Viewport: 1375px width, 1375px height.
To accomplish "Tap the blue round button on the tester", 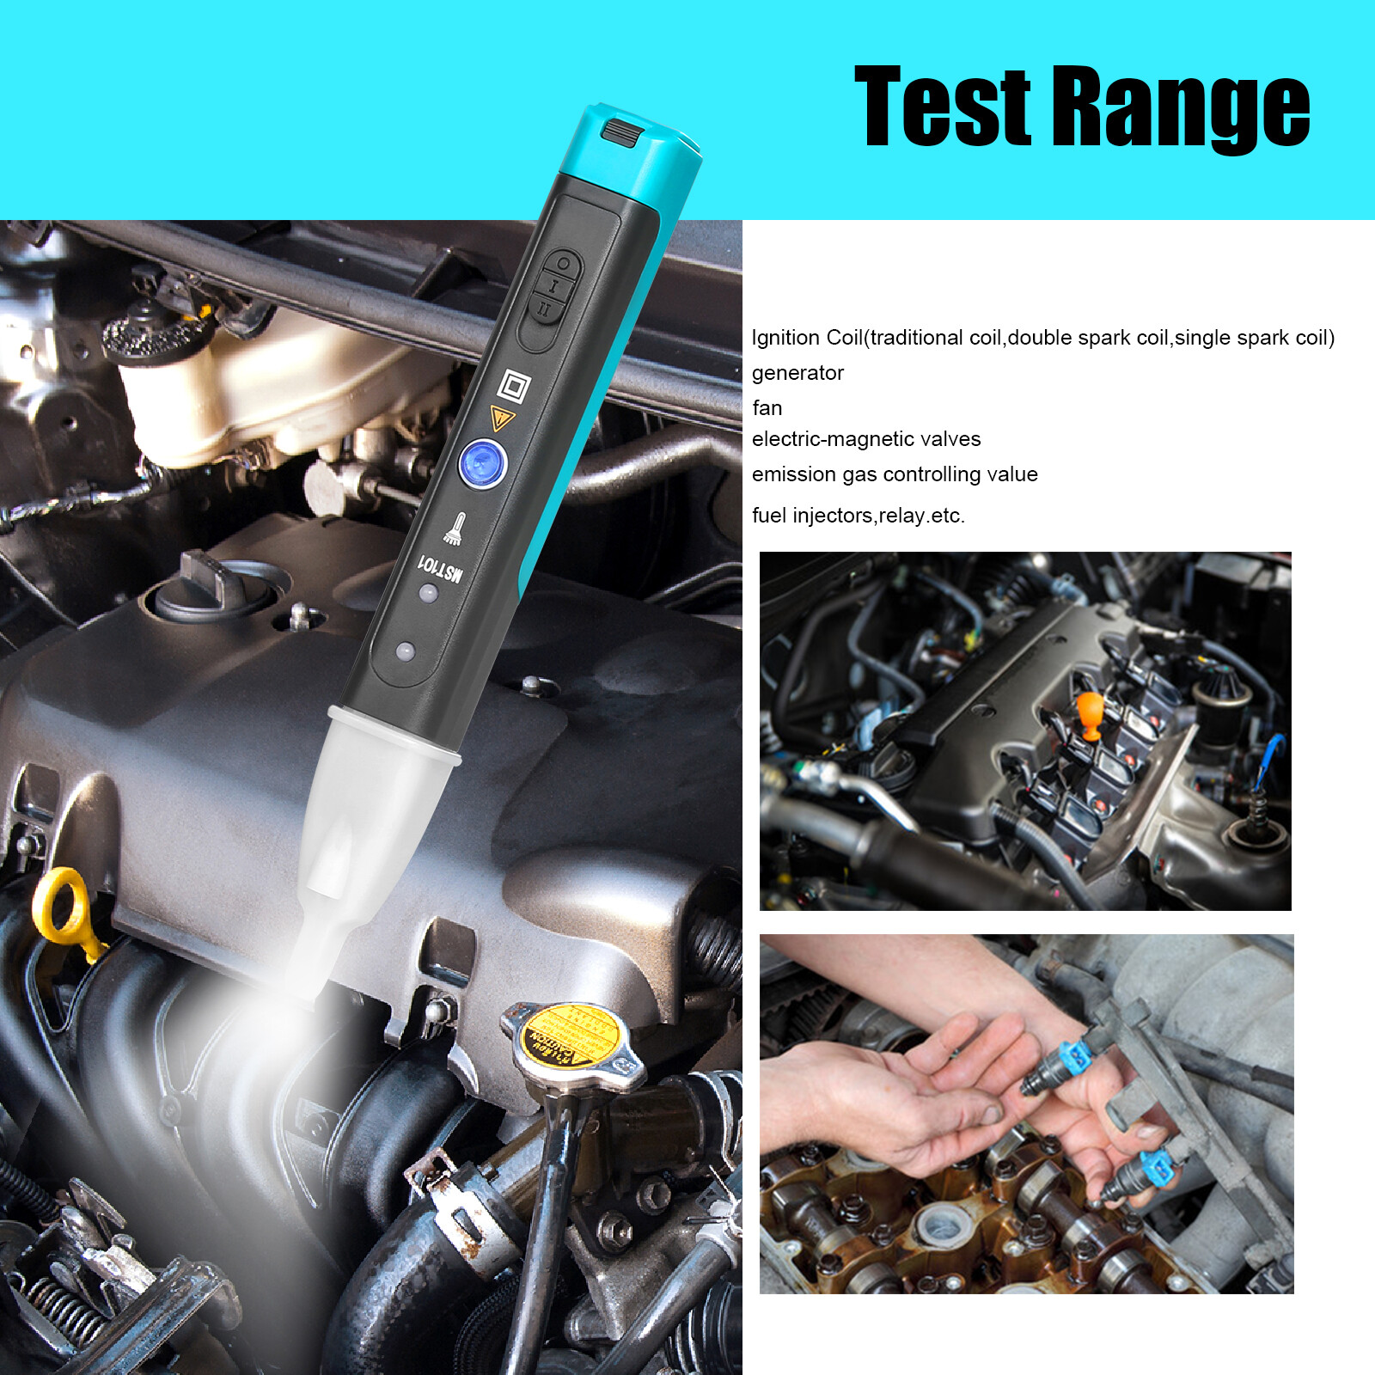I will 483,463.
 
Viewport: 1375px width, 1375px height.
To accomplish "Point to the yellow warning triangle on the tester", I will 502,418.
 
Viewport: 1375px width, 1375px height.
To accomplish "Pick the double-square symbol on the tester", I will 514,387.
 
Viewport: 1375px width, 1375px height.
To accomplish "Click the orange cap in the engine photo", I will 1089,714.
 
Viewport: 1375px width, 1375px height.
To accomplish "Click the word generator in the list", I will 797,373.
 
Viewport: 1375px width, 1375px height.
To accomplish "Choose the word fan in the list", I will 767,408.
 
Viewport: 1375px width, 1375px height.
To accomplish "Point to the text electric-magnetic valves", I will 865,439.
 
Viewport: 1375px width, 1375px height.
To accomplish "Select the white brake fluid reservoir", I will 275,387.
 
